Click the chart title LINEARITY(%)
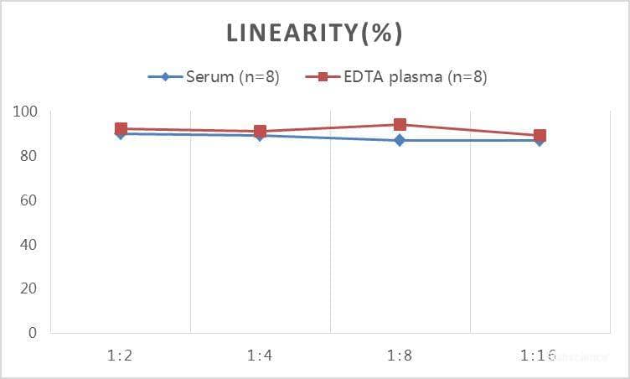(314, 34)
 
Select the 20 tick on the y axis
(28, 288)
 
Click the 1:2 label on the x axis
(121, 356)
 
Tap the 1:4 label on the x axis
(260, 356)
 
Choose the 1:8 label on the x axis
(400, 356)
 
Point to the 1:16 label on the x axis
(538, 356)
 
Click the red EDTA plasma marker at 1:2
(121, 129)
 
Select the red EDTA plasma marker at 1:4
(260, 132)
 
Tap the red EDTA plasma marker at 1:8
(400, 125)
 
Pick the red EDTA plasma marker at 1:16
(540, 136)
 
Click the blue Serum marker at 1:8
(400, 140)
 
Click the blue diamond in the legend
(165, 77)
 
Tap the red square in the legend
(323, 77)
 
